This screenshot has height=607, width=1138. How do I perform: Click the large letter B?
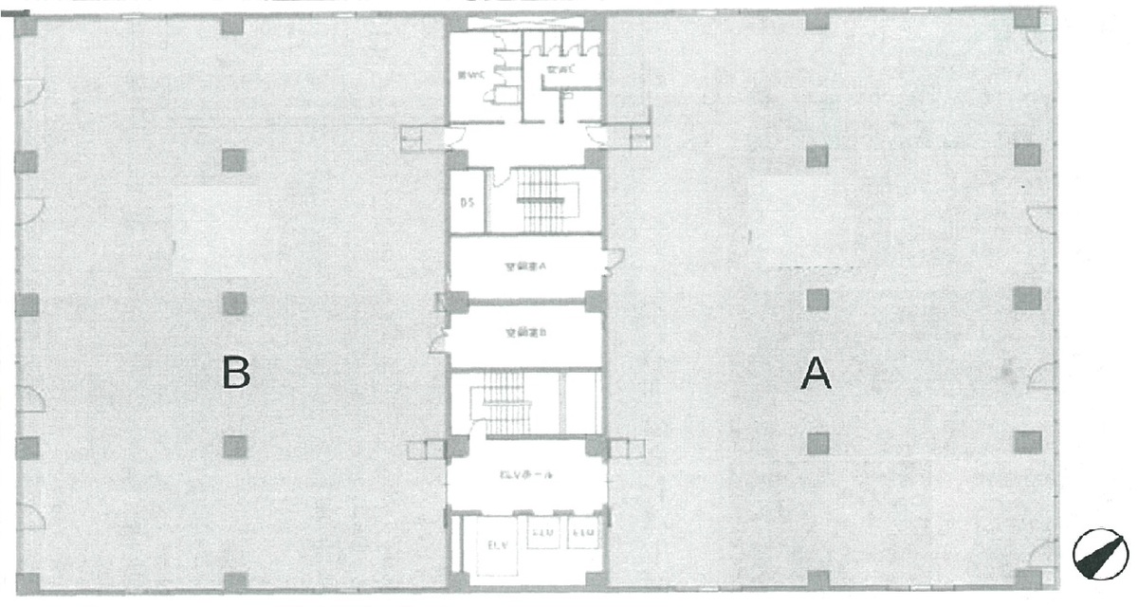(x=236, y=373)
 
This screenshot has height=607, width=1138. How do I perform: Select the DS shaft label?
(x=467, y=202)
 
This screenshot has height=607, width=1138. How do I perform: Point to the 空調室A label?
(x=524, y=267)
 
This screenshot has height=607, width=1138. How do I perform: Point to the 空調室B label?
(x=524, y=333)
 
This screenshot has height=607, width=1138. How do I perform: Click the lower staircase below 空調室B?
(x=512, y=402)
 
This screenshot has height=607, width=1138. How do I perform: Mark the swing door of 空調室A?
(x=614, y=258)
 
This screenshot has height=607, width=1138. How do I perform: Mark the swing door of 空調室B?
(x=437, y=340)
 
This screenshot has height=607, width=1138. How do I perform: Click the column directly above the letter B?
(x=235, y=303)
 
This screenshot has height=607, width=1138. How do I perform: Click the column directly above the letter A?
(x=817, y=301)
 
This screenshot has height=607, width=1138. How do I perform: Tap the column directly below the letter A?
(x=817, y=442)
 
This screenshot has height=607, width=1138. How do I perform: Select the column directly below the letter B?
(x=235, y=445)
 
